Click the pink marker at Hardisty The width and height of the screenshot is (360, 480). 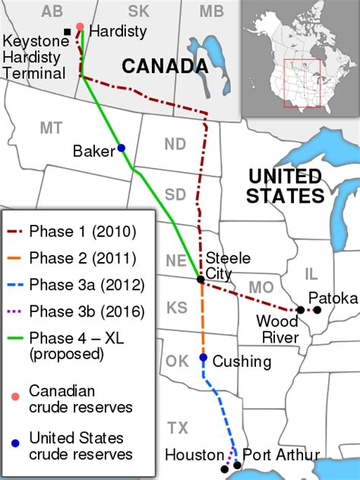tap(80, 27)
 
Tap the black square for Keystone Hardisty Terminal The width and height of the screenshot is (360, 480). tap(68, 31)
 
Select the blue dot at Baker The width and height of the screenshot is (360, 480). tap(121, 147)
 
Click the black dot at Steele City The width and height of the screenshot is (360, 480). tap(201, 279)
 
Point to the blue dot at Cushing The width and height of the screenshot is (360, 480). tap(203, 357)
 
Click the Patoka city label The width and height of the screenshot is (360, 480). tap(333, 298)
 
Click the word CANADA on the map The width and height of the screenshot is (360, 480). tap(165, 66)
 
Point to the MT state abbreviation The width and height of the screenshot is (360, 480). tap(51, 128)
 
